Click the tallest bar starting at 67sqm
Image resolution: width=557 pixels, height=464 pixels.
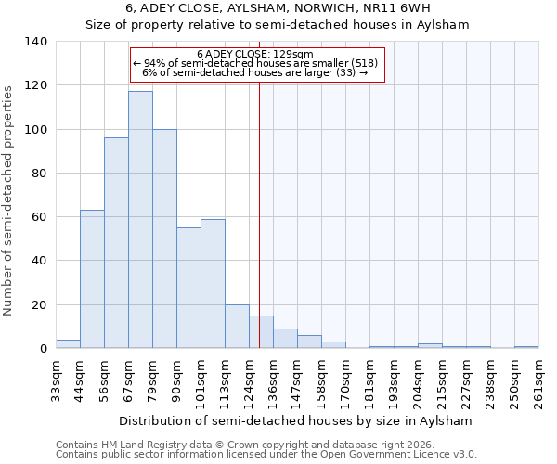point(140,220)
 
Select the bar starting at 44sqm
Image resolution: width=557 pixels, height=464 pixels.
point(92,279)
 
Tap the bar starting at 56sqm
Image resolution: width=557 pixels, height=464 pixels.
point(116,243)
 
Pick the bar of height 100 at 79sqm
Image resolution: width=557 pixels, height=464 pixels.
point(164,238)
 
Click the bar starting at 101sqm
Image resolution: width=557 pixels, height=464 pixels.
point(213,284)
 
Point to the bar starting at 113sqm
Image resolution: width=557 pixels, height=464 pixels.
point(237,327)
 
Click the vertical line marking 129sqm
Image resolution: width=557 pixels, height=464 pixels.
point(259,213)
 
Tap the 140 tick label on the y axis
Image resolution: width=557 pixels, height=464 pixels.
point(36,42)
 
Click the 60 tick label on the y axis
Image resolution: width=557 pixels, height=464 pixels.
point(40,217)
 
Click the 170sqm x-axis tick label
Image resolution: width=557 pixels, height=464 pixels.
point(345,381)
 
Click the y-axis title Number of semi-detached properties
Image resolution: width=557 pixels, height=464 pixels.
point(9,200)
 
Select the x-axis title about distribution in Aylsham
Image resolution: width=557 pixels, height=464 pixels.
point(296,420)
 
